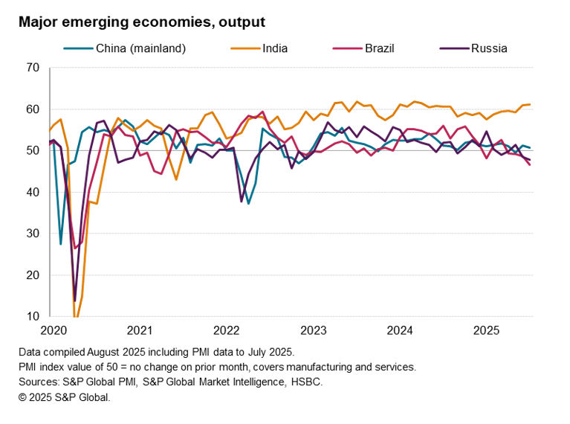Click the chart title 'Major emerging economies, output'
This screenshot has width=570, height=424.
[x=142, y=23]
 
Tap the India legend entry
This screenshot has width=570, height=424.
[x=275, y=49]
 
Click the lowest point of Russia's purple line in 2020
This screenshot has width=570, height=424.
[x=74, y=301]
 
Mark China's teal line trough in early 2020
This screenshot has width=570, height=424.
[x=60, y=244]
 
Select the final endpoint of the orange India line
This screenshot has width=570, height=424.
[x=529, y=104]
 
